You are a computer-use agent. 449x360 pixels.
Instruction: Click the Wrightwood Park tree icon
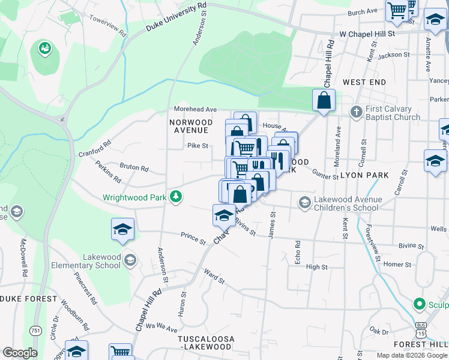176,196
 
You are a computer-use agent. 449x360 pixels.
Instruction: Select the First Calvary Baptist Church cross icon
357,112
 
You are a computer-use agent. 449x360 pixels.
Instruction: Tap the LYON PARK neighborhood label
365,175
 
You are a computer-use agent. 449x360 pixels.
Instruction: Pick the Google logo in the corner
20,353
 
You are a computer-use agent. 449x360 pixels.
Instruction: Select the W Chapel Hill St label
368,34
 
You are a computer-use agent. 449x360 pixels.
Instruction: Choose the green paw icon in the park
45,47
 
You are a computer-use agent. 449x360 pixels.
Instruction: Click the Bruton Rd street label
134,169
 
